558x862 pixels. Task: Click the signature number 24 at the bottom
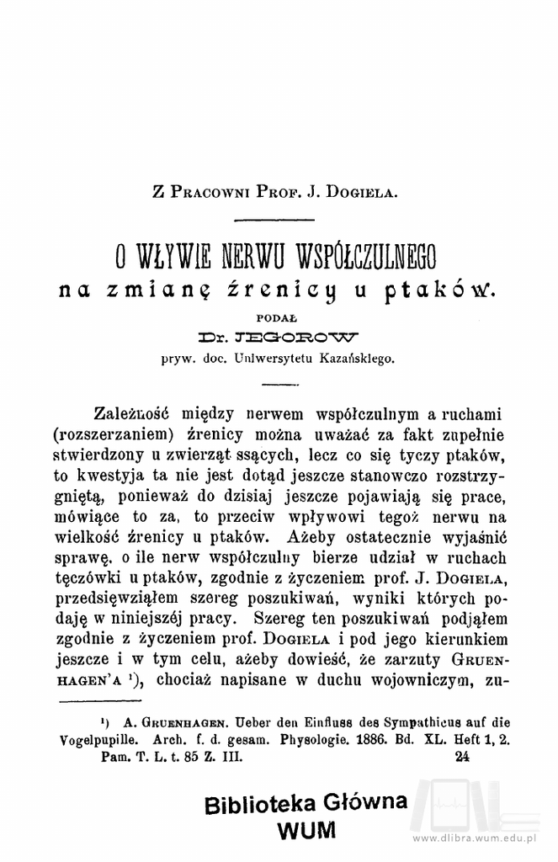tap(461, 757)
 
